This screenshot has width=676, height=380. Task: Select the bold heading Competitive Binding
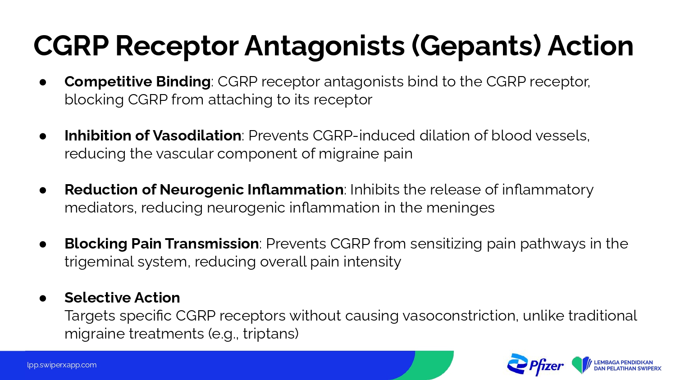click(137, 82)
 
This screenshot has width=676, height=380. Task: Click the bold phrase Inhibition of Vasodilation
click(153, 136)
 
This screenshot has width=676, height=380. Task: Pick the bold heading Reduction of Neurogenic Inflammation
click(204, 190)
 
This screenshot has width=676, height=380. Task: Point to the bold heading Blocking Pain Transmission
click(161, 244)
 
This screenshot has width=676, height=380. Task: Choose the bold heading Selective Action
click(122, 298)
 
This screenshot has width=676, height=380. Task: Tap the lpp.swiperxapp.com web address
click(62, 365)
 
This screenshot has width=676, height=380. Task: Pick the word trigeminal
click(99, 262)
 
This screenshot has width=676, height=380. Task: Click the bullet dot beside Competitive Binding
click(43, 82)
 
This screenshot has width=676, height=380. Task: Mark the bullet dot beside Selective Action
click(43, 298)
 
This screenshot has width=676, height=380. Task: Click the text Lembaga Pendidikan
click(623, 362)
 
